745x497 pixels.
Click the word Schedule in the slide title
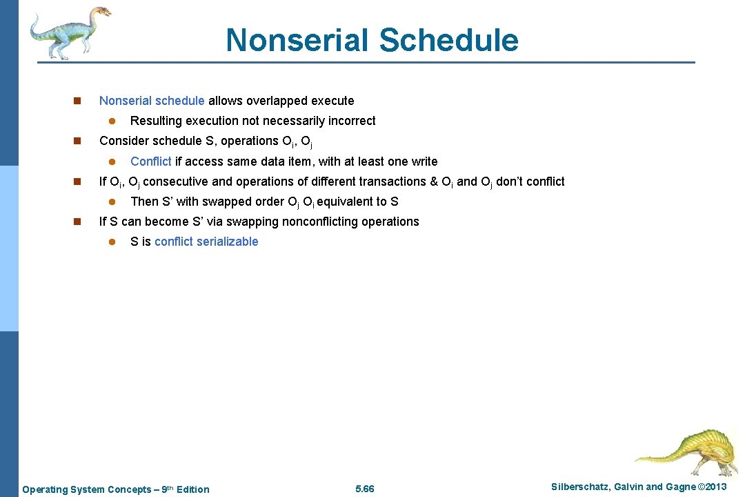tap(448, 40)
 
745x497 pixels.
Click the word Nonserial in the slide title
tap(298, 40)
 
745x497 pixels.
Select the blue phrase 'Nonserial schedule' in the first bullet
tap(152, 101)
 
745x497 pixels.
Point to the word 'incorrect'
tap(352, 121)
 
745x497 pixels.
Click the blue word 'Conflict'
tap(150, 162)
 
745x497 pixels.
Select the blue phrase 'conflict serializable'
tap(206, 242)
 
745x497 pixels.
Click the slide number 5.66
tap(364, 489)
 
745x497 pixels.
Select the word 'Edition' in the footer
tap(192, 489)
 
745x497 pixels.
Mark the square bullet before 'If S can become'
tap(77, 222)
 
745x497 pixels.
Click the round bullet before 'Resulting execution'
tap(110, 121)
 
